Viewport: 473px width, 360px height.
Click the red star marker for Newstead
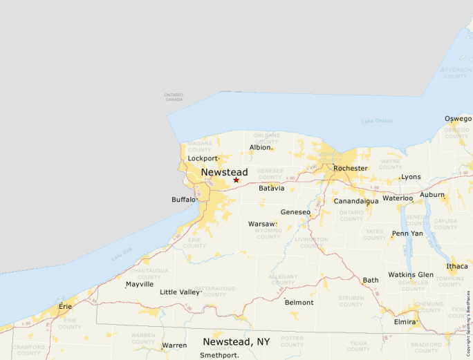[x=236, y=180]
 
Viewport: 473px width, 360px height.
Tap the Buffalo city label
[x=183, y=200]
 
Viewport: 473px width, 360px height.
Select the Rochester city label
[x=350, y=168]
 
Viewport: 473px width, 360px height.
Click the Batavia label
[x=271, y=188]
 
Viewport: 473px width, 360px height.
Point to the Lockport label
[x=203, y=158]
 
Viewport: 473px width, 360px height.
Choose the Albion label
[x=260, y=147]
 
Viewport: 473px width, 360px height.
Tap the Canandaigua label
[x=356, y=201]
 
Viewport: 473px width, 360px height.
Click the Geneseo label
[x=295, y=212]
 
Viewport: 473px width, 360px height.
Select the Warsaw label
[x=261, y=224]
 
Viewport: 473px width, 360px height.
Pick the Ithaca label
[x=456, y=266]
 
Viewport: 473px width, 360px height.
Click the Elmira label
[x=405, y=322]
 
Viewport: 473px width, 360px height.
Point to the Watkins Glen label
[x=411, y=274]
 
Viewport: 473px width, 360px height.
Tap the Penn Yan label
[x=407, y=234]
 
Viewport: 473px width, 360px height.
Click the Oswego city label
[x=458, y=119]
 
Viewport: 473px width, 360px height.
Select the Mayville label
[x=140, y=284]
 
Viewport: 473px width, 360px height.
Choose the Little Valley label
[x=179, y=292]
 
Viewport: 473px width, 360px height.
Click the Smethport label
[x=219, y=355]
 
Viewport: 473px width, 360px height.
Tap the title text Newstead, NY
[x=236, y=341]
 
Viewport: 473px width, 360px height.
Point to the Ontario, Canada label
[x=174, y=97]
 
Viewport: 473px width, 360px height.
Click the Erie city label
[x=65, y=306]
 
